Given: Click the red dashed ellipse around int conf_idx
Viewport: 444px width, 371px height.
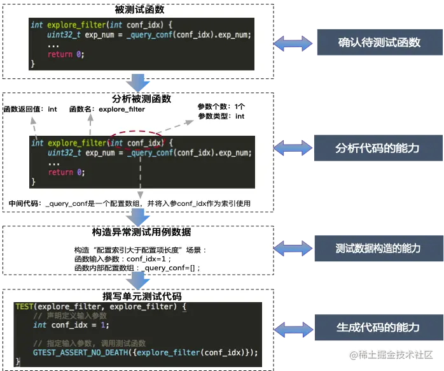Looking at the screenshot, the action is tap(136, 143).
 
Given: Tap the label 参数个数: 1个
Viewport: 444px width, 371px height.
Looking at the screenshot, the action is tap(221, 106).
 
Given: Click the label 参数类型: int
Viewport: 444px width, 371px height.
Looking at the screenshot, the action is tap(221, 116).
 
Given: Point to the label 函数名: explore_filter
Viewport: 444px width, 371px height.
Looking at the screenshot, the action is tap(107, 109).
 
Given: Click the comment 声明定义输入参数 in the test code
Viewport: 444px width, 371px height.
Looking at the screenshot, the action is tap(70, 316).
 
